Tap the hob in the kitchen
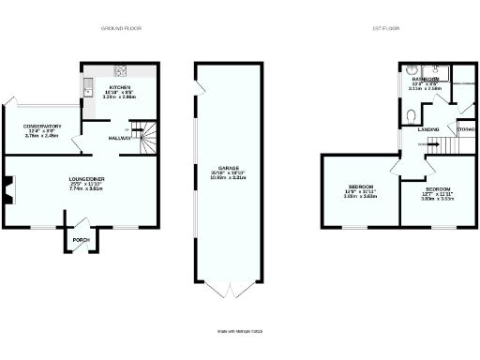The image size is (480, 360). coord(120,71)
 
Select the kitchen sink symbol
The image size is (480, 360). coord(87,89)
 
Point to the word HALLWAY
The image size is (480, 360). coord(119,138)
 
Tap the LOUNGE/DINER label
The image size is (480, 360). coord(86,177)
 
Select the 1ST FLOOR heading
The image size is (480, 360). coord(387,28)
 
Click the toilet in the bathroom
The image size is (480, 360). coord(413,115)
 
